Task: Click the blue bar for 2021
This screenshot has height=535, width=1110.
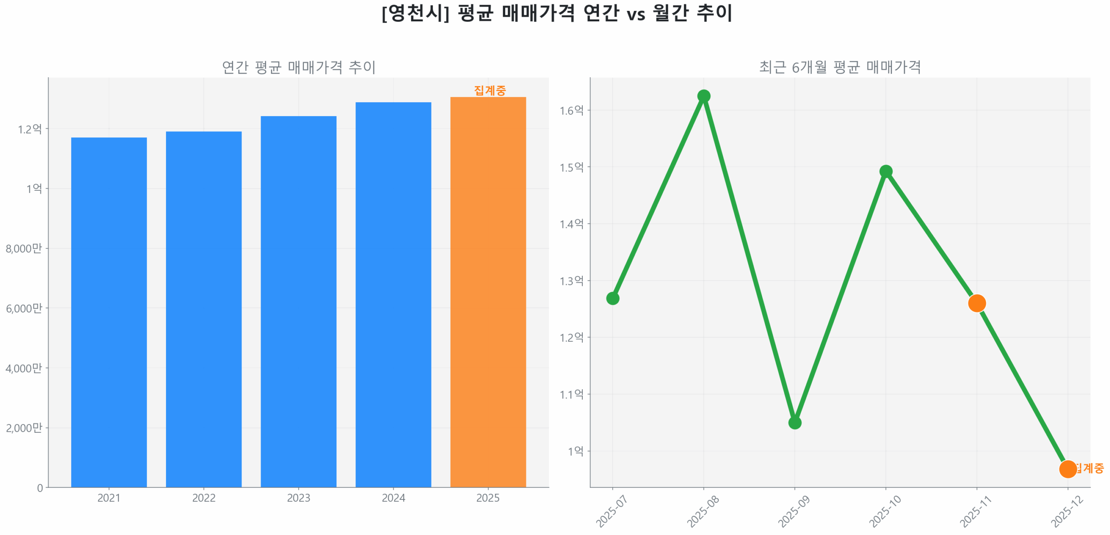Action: tap(109, 312)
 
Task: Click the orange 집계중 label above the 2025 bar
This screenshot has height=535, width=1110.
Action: tap(490, 90)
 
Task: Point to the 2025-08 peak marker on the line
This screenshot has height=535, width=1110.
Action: tap(703, 96)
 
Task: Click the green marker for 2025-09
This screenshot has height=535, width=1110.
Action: tap(794, 422)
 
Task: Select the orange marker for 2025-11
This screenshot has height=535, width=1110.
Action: tap(976, 303)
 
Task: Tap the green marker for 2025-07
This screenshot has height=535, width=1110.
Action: tap(612, 298)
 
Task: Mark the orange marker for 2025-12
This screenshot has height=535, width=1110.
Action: tap(1068, 469)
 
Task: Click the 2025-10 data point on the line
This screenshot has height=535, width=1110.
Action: tap(885, 171)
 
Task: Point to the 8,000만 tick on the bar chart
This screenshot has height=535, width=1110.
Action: tap(24, 248)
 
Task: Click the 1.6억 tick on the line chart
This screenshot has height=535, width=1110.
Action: tap(571, 111)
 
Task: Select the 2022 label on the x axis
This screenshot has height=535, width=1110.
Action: tap(204, 498)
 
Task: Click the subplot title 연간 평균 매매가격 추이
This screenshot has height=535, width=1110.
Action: tap(298, 67)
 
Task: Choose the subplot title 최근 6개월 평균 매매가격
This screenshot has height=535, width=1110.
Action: tap(839, 67)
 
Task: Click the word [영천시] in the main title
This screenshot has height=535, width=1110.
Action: tap(415, 13)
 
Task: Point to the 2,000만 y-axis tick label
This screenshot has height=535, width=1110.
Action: tap(24, 428)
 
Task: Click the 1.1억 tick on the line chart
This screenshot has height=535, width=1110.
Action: tap(571, 395)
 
